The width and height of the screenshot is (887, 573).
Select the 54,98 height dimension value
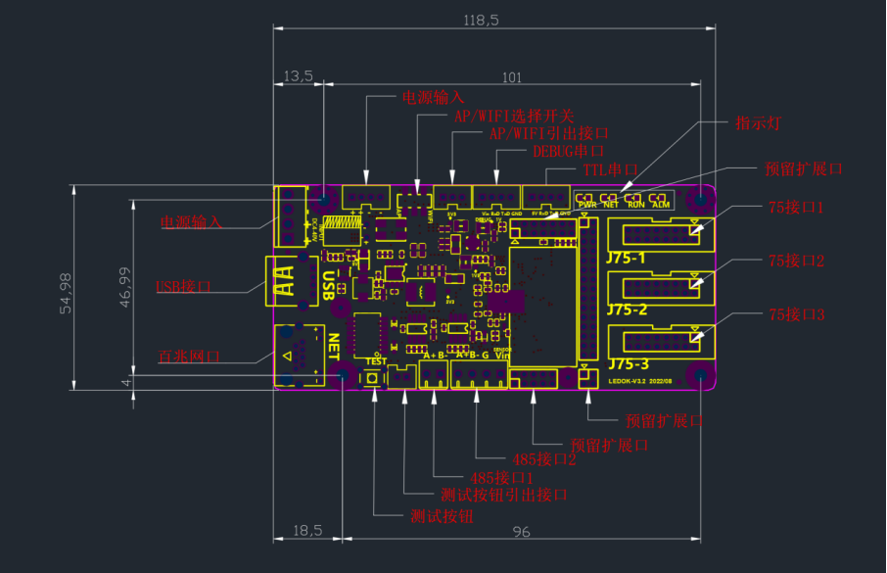click(66, 292)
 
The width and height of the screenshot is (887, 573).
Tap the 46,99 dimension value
click(123, 288)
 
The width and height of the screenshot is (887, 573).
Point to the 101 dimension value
click(512, 76)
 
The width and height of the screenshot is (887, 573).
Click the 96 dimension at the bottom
click(521, 531)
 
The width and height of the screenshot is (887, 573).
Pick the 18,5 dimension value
click(306, 530)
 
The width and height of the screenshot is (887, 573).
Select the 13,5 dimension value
click(298, 76)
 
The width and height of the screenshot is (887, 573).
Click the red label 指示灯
click(758, 122)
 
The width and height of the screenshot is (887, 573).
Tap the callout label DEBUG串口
click(568, 152)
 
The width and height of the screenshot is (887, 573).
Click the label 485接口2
click(543, 458)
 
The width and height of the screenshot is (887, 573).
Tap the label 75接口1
click(796, 208)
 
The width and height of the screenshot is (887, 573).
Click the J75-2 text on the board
click(627, 310)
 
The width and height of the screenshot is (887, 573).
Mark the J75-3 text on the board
click(628, 363)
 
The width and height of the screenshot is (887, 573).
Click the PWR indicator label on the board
click(587, 205)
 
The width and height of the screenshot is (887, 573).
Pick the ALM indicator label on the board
click(661, 205)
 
